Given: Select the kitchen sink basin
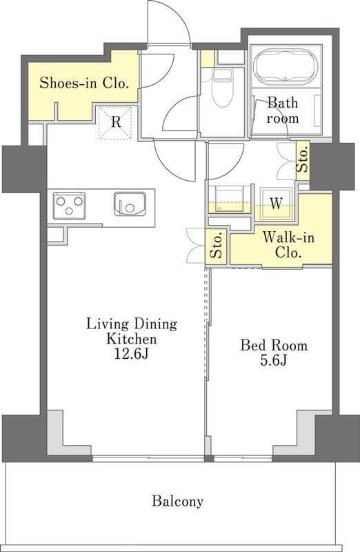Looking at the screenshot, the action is tap(130, 204).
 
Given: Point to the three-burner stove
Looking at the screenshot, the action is tap(69, 205).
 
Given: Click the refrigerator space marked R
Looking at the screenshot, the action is tap(115, 123).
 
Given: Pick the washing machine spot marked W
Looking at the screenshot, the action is tap(277, 204).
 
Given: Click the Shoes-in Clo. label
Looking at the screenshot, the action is tap(83, 83).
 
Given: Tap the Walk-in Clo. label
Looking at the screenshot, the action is tap(288, 245).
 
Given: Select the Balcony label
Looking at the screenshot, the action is tap(178, 501).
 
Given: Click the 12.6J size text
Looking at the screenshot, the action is tap(132, 353).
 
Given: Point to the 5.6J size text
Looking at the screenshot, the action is tap(273, 360).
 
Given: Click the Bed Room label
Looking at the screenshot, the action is tap(274, 345).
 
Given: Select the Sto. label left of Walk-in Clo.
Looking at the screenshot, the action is tap(216, 246).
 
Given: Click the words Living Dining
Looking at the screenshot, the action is tap(132, 324).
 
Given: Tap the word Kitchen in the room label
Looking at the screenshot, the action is tap(132, 339).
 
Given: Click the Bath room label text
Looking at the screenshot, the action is tap(283, 110).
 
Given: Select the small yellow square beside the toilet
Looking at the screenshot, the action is tap(208, 59).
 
